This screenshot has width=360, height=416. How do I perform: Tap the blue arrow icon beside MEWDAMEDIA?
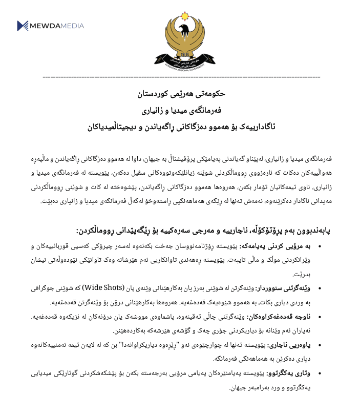pos(23,26)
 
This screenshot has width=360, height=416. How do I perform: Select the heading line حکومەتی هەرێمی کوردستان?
pos(181,94)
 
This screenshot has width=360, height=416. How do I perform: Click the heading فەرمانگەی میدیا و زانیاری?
pos(181,111)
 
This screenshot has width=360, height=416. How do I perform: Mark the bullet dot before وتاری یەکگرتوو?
pos(320,373)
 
